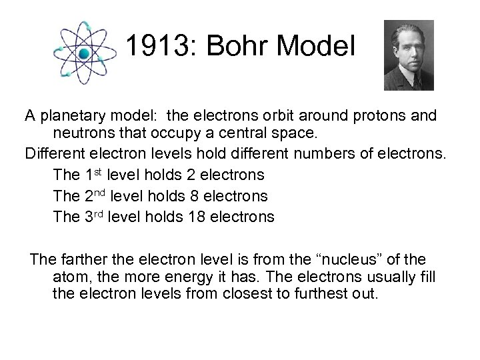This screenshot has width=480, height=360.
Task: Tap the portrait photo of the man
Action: click(409, 55)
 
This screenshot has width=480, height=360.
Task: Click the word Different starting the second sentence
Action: click(55, 153)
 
